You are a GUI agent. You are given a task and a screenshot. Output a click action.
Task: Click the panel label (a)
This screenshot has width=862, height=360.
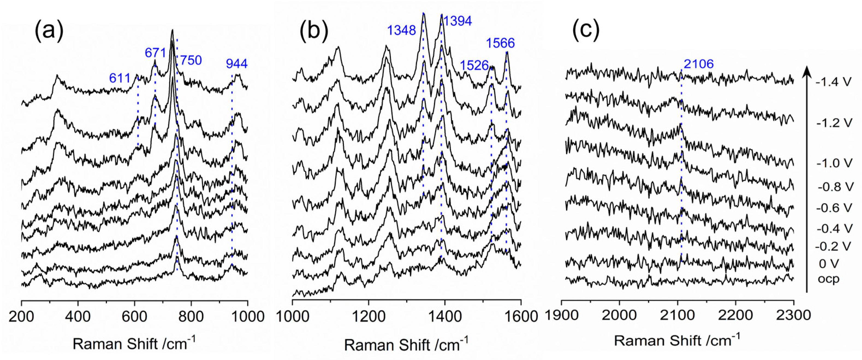(49, 31)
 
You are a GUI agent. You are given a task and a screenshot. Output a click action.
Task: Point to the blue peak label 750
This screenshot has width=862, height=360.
(191, 61)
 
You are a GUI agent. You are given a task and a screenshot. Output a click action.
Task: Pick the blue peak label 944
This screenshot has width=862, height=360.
(237, 64)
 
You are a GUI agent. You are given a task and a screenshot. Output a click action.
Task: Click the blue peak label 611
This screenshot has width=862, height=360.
(120, 78)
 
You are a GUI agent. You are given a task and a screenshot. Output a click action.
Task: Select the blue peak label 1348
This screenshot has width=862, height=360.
(401, 31)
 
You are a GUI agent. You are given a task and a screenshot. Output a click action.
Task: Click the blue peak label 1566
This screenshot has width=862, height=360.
(500, 43)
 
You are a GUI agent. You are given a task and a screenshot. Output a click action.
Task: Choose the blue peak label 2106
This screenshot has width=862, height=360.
(699, 64)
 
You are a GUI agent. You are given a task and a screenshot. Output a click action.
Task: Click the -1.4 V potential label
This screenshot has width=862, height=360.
(833, 82)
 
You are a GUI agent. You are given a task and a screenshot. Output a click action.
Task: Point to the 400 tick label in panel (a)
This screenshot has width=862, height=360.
(78, 316)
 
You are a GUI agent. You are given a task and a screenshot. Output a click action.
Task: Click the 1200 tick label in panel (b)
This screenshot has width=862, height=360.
(368, 316)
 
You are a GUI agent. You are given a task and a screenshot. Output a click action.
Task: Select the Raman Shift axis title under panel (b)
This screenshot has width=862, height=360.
(406, 345)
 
